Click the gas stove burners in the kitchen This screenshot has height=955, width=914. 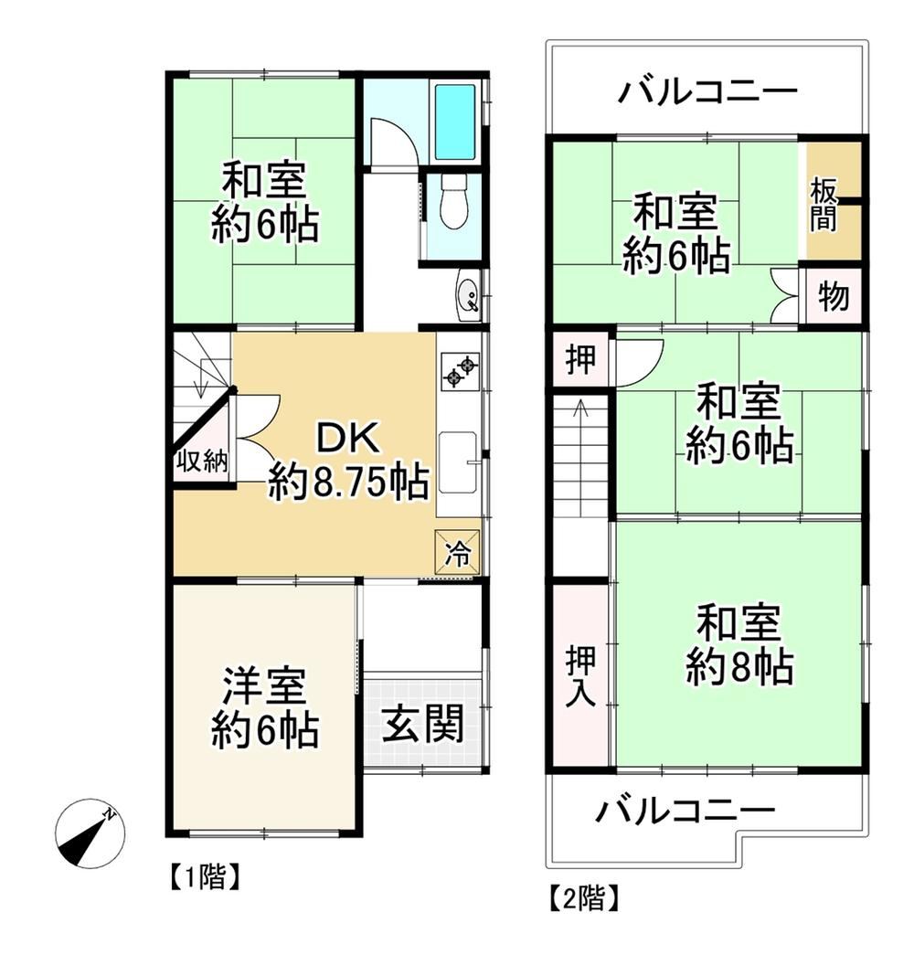click(x=460, y=372)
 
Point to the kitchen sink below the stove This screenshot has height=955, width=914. click(x=459, y=463)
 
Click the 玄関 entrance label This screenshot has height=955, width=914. click(x=423, y=724)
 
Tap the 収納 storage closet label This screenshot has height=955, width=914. click(x=202, y=462)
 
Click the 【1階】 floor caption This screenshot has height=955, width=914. click(x=205, y=877)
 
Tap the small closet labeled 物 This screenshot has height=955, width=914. click(x=833, y=297)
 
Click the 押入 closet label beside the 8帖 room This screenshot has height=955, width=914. click(x=580, y=676)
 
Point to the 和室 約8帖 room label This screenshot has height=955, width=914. click(x=739, y=644)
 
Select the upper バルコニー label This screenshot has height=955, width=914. click(x=707, y=91)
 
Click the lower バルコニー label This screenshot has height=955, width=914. click(x=685, y=811)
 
